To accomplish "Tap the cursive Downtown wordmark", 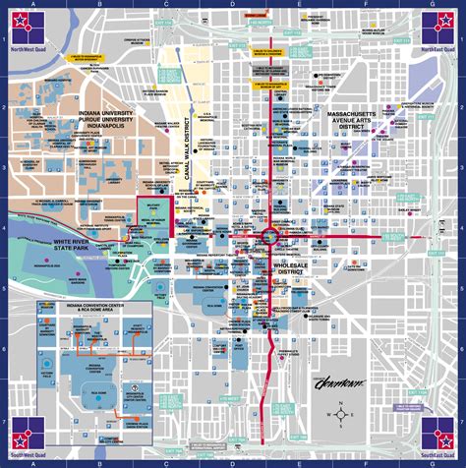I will pos(339,383).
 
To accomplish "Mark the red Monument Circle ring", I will pos(268,238).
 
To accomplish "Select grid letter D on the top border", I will pos(232,4).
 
